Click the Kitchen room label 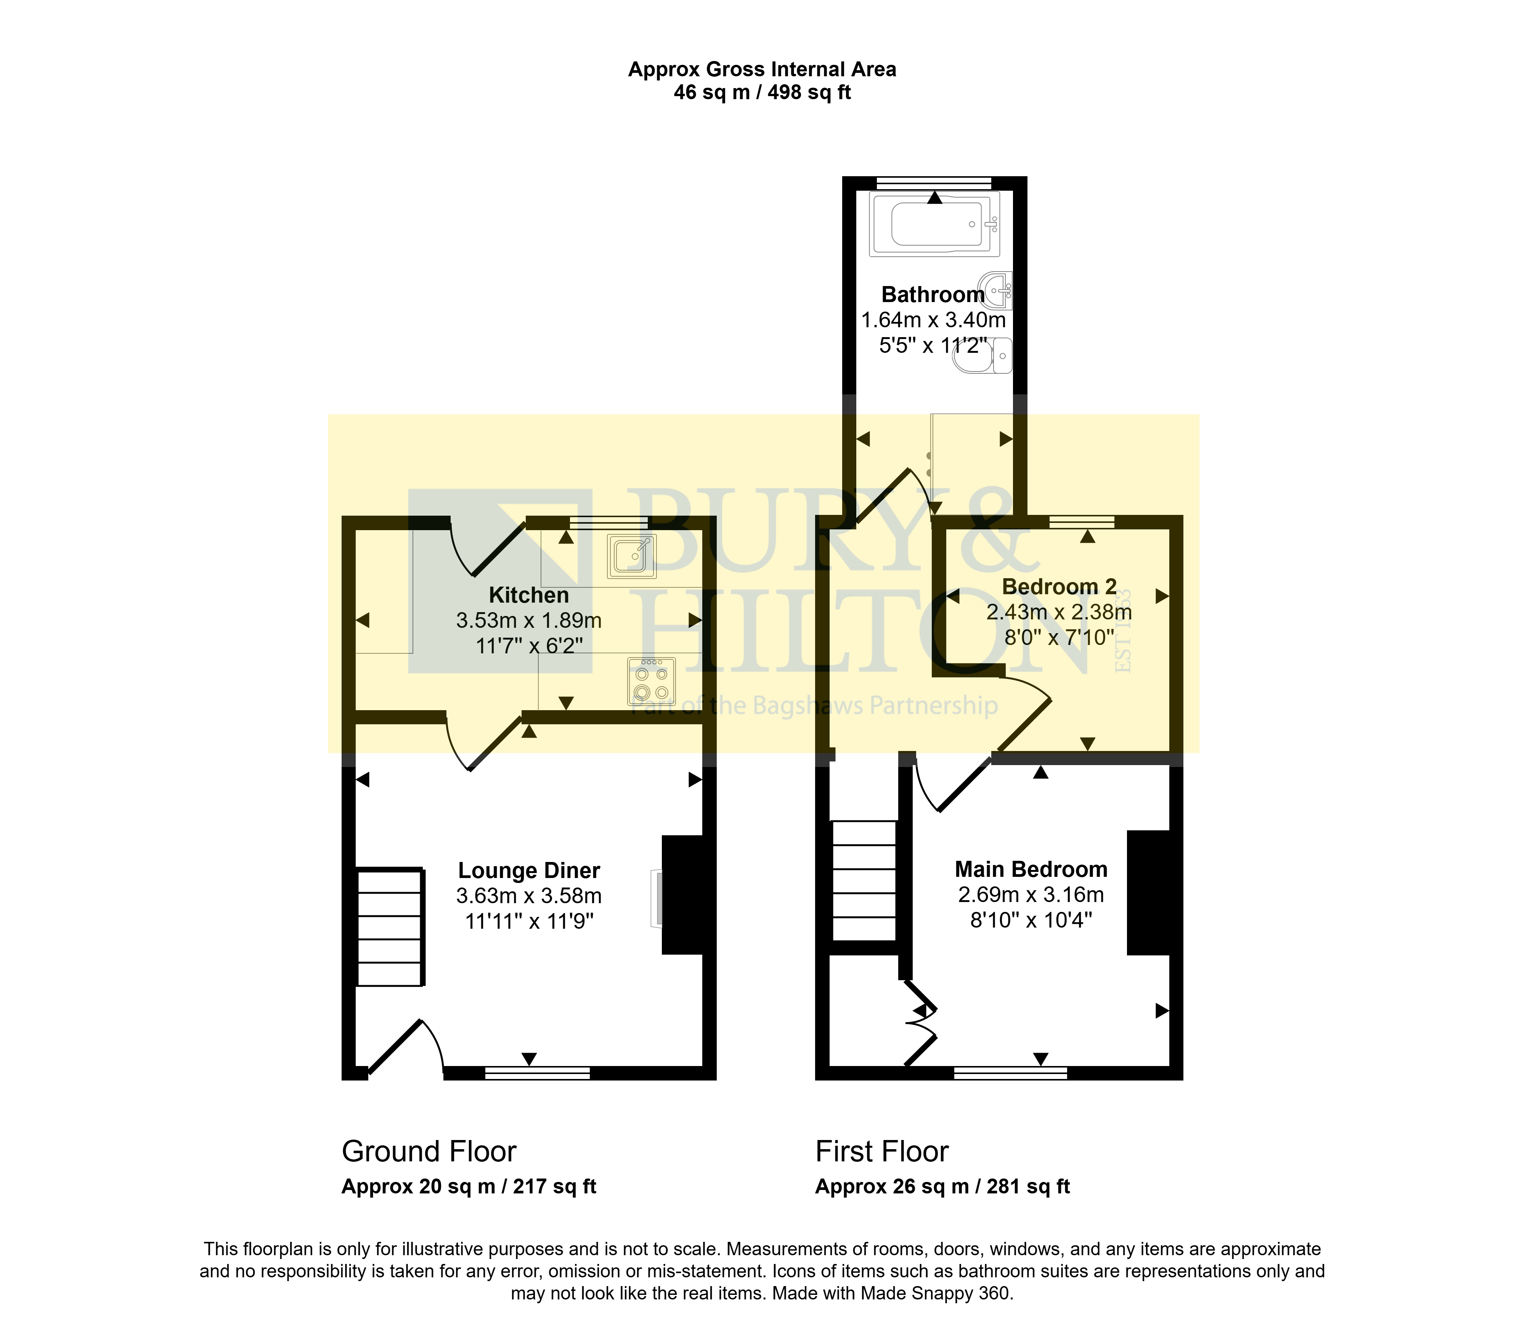tap(529, 595)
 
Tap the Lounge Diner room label tap(529, 870)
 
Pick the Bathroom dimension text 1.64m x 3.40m tap(933, 320)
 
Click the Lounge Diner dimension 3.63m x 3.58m tap(529, 896)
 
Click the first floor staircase tap(864, 880)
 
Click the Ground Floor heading tap(429, 1151)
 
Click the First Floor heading tap(882, 1151)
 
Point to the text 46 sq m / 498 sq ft tap(762, 92)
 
